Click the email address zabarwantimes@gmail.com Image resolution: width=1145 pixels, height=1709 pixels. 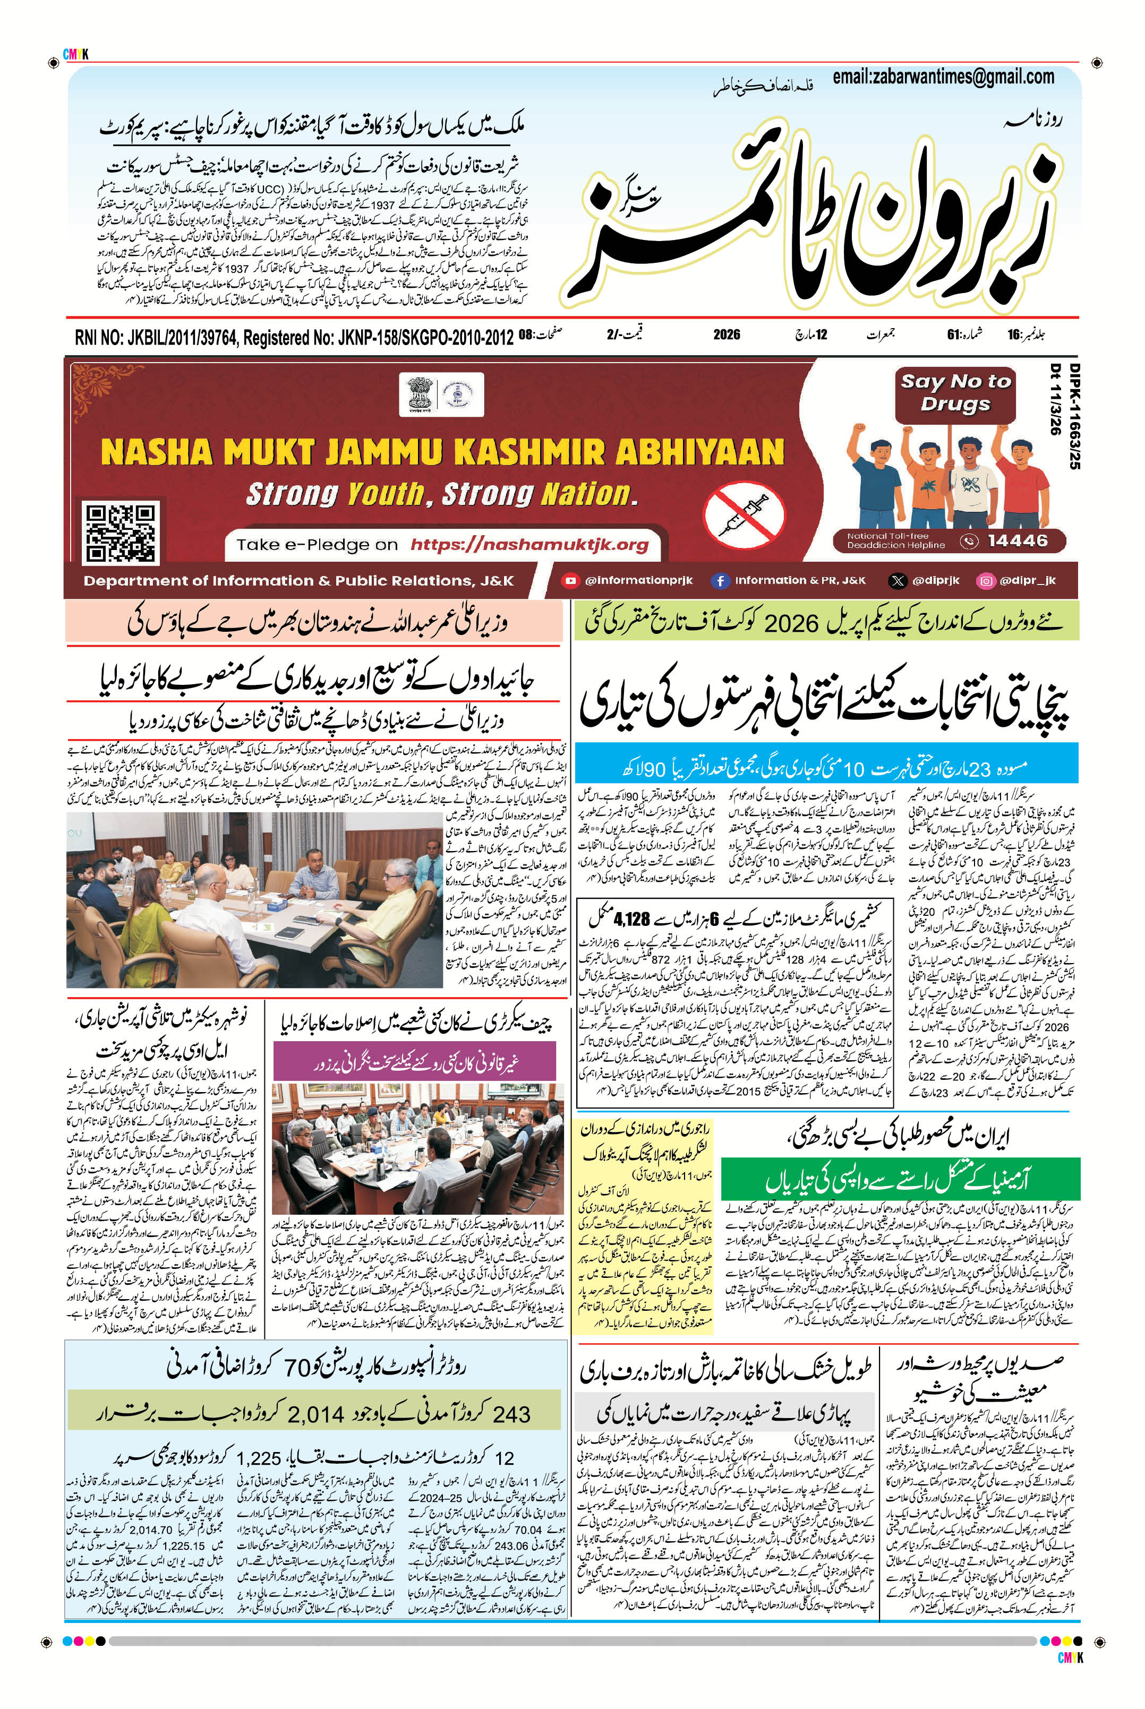(943, 76)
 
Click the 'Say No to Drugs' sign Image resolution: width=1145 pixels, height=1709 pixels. (955, 393)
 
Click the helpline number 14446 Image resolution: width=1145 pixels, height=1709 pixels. (1017, 541)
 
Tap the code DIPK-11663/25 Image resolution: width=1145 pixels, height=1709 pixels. (1075, 416)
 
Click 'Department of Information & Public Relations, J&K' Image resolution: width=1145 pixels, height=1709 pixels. (298, 581)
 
